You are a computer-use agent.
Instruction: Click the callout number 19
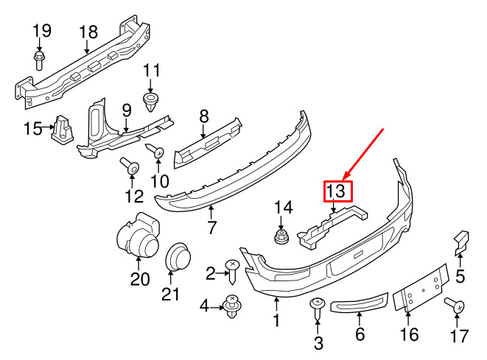42,31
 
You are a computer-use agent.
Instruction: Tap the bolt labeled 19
39,61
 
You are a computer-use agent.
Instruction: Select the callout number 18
88,32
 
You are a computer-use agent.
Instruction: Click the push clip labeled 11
150,102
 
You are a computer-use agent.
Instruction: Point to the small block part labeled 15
63,130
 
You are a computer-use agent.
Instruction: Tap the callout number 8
204,117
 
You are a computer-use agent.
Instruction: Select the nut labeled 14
281,237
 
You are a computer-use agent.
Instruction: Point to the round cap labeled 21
178,256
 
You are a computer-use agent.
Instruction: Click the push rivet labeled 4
232,306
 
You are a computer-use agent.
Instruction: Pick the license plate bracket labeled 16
421,288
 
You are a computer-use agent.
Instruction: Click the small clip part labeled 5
462,242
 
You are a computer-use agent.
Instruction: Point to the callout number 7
211,227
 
